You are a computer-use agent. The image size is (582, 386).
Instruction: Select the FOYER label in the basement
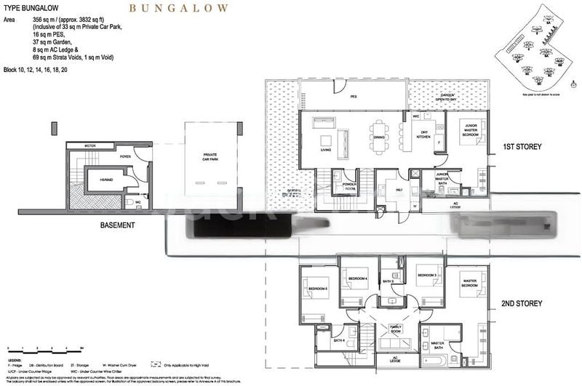(x=125, y=155)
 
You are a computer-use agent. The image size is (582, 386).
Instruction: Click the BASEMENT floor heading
(x=117, y=225)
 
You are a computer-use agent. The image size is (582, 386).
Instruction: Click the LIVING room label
(x=327, y=150)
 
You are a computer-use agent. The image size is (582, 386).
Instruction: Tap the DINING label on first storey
(x=379, y=137)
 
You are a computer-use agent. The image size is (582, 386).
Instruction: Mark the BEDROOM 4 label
(x=358, y=280)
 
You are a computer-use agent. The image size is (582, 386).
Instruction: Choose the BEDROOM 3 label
(x=426, y=276)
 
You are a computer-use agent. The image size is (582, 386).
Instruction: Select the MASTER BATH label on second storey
(x=438, y=345)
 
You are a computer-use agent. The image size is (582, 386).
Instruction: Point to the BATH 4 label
(x=339, y=340)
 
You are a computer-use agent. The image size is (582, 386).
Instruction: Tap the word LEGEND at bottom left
(x=16, y=361)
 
